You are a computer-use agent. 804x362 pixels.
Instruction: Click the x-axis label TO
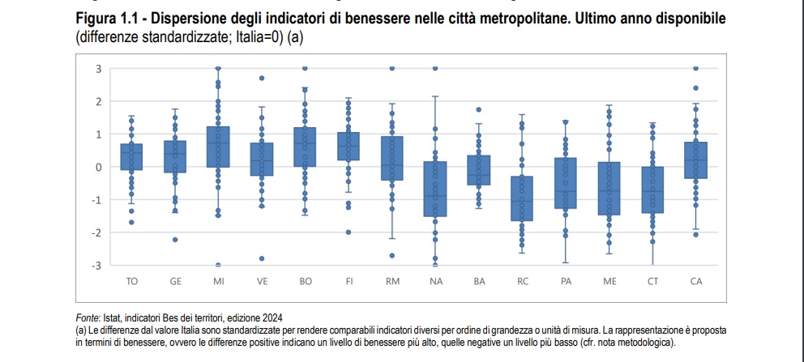[x=131, y=282]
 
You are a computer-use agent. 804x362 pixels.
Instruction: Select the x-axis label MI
[x=219, y=282]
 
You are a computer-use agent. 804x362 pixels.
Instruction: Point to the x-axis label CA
[x=696, y=282]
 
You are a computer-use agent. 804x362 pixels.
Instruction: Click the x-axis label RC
[x=522, y=282]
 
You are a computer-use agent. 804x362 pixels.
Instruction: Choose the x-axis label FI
[x=349, y=282]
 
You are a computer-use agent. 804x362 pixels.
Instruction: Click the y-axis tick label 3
[x=98, y=69]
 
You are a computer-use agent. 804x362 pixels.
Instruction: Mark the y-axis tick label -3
[x=96, y=266]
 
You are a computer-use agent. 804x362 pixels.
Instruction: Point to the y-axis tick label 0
[x=98, y=167]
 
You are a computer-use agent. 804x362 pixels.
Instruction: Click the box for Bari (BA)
[x=478, y=170]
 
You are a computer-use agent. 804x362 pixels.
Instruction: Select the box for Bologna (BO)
[x=305, y=147]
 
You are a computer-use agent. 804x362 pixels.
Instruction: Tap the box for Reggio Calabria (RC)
[x=522, y=198]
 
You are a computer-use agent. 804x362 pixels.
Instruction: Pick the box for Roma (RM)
[x=391, y=158]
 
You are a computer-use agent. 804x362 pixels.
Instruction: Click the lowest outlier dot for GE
[x=175, y=240]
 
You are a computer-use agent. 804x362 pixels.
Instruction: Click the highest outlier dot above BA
[x=478, y=109]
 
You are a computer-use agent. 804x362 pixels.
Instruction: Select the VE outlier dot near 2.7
[x=262, y=79]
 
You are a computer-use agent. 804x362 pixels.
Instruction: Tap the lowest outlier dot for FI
[x=349, y=232]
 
